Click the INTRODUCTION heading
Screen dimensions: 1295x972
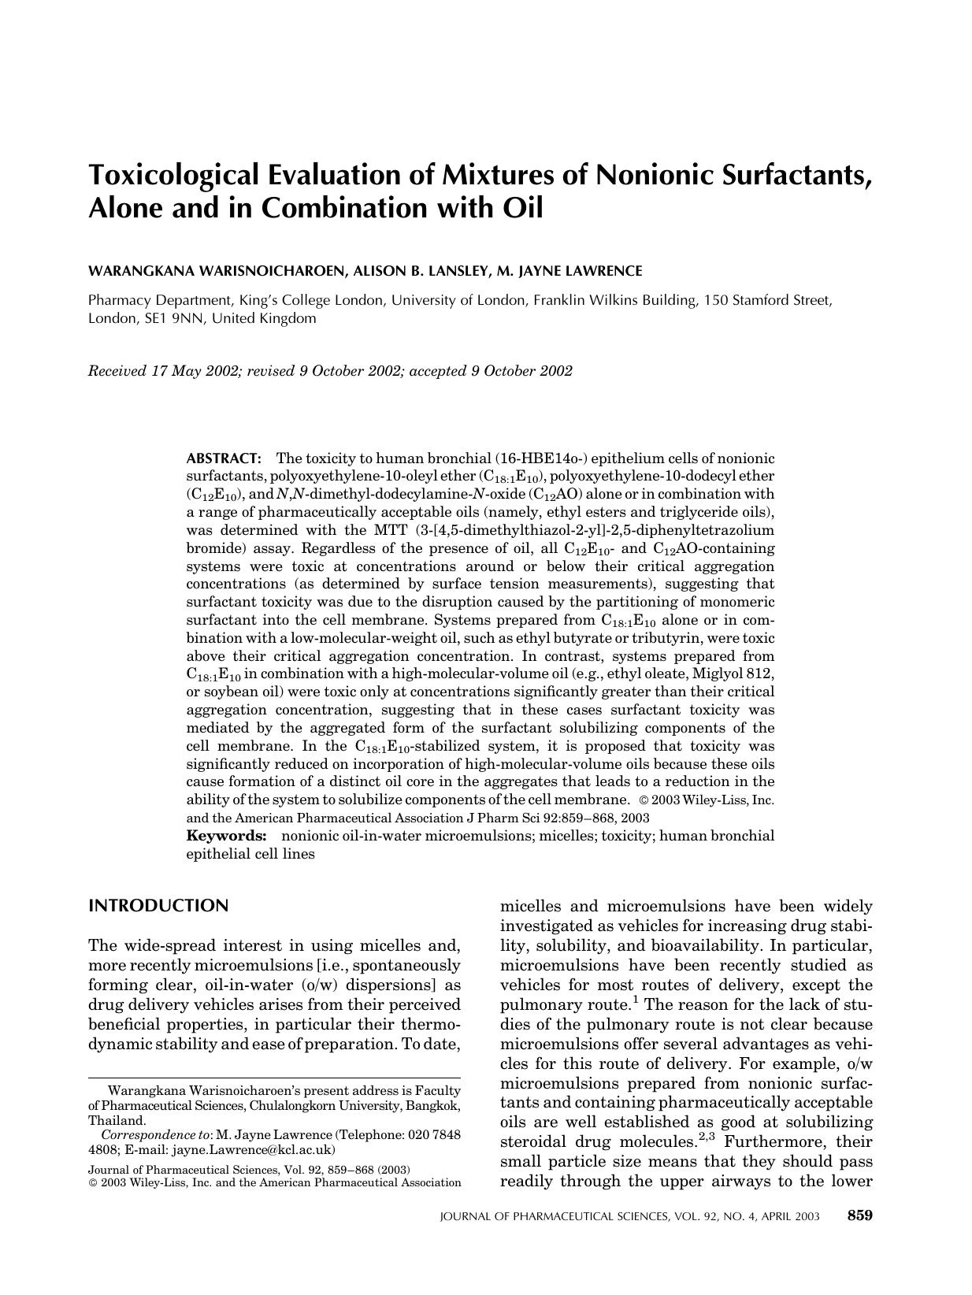[158, 906]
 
